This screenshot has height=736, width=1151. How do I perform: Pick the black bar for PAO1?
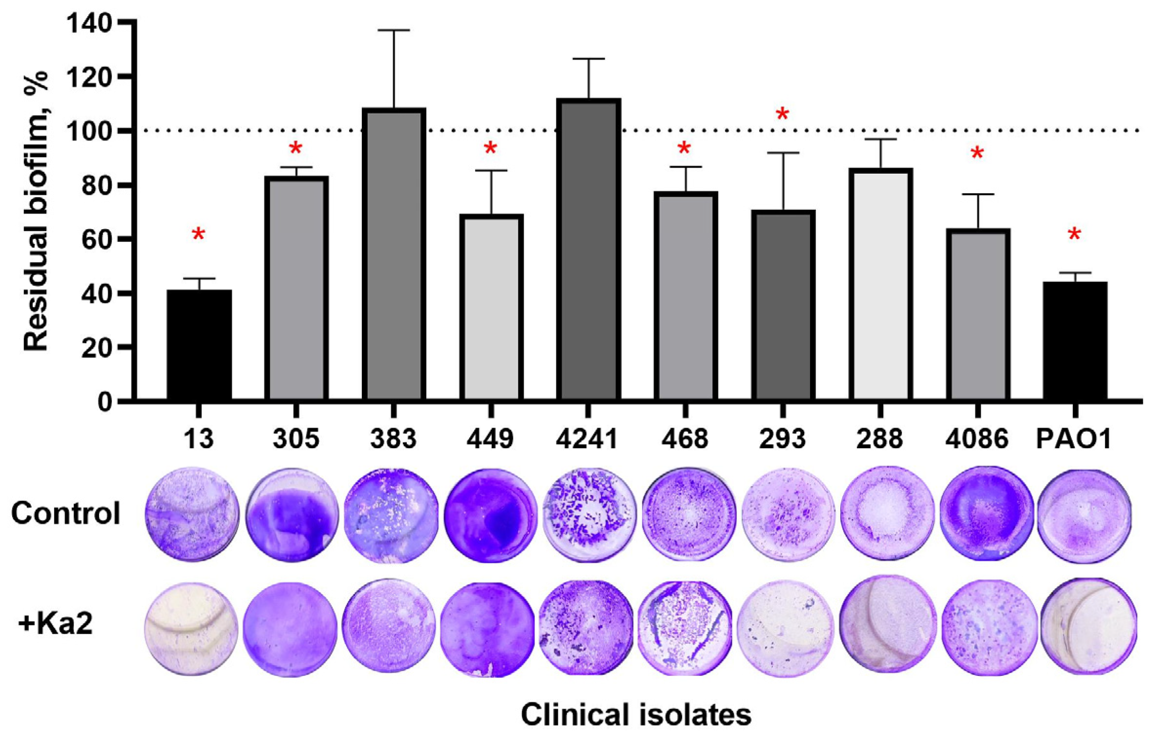[1074, 341]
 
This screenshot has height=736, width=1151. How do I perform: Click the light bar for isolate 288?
[880, 285]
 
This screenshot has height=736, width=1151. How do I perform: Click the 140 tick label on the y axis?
[92, 23]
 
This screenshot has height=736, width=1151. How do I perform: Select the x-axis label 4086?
[976, 439]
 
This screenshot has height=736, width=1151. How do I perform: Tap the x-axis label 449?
[490, 439]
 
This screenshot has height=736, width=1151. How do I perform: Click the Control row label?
[65, 514]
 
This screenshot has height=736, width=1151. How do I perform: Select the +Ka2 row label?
[56, 625]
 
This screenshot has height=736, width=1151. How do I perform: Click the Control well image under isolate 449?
[491, 515]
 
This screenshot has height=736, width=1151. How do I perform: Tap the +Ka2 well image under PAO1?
[1088, 626]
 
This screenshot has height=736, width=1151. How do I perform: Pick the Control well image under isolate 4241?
[589, 515]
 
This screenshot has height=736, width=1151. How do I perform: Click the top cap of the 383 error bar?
[394, 30]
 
